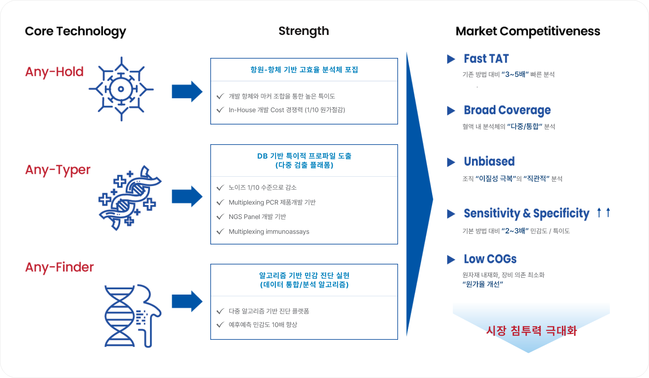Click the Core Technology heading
pos(75,31)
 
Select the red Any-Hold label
pos(55,71)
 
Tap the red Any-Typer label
pos(58,170)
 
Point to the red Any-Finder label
pos(60,267)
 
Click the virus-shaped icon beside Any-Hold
pos(121,89)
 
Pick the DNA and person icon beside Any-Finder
pos(133,316)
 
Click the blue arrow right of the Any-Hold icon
pos(187,92)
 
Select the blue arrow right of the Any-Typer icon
pos(187,196)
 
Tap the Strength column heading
pos(304,31)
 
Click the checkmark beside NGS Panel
pos(221,217)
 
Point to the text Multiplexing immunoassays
pos(269,232)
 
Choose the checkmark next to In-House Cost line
pos(221,110)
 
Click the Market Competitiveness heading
pos(528,31)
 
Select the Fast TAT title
pos(486,59)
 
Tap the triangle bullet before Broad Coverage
pos(451,111)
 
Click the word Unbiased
pos(489,161)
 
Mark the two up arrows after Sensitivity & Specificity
pos(603,212)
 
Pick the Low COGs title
pos(490,259)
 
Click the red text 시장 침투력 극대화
pos(532,331)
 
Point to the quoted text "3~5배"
pos(515,74)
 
